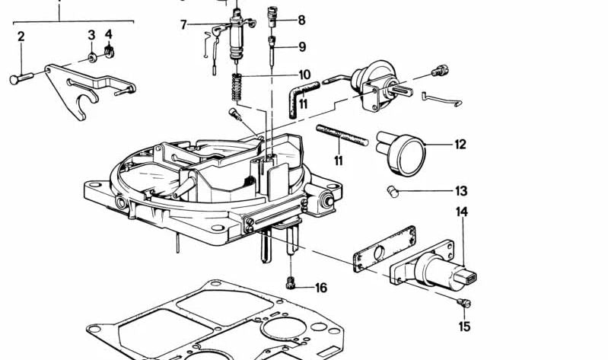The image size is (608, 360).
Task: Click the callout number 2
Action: pos(21,36)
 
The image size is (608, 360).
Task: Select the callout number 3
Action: pos(91,35)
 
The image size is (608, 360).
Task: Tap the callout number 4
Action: pos(108,35)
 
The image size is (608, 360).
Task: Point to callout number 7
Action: pos(183,25)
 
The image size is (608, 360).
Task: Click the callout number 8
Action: pos(301,21)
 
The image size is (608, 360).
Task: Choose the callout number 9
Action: pos(302,46)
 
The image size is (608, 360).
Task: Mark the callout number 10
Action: pos(304,75)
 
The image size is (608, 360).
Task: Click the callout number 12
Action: pos(460,144)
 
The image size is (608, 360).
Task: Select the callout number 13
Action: pos(461,191)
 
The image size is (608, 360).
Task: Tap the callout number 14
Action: pos(462,212)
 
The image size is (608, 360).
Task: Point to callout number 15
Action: pos(465,327)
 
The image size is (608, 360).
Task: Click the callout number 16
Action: pos(321,288)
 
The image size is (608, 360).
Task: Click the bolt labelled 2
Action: pos(21,78)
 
